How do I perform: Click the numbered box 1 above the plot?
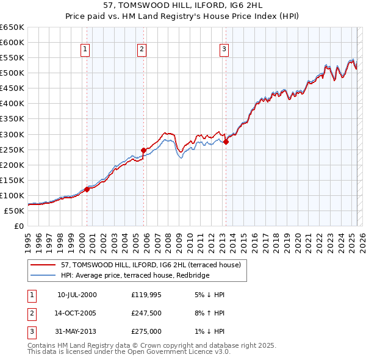coord(85,50)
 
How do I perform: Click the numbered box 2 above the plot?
coord(142,50)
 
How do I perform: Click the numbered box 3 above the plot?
coord(224,50)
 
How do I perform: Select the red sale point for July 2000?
coord(87,189)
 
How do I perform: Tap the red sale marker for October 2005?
coord(144,150)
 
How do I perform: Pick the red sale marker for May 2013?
coord(226,142)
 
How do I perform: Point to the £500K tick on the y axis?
coord(13,73)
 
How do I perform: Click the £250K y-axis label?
coord(13,149)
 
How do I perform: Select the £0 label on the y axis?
coord(18,226)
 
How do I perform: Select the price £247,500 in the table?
coord(146,314)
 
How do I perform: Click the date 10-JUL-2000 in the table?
coord(77,295)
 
